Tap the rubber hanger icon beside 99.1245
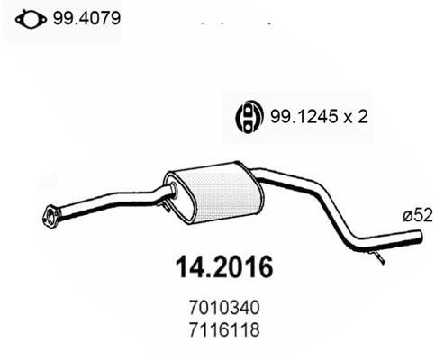[x=247, y=116]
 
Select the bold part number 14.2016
[x=220, y=268]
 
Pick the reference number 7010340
[x=220, y=308]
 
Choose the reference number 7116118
[x=220, y=328]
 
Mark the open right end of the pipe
[x=420, y=238]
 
